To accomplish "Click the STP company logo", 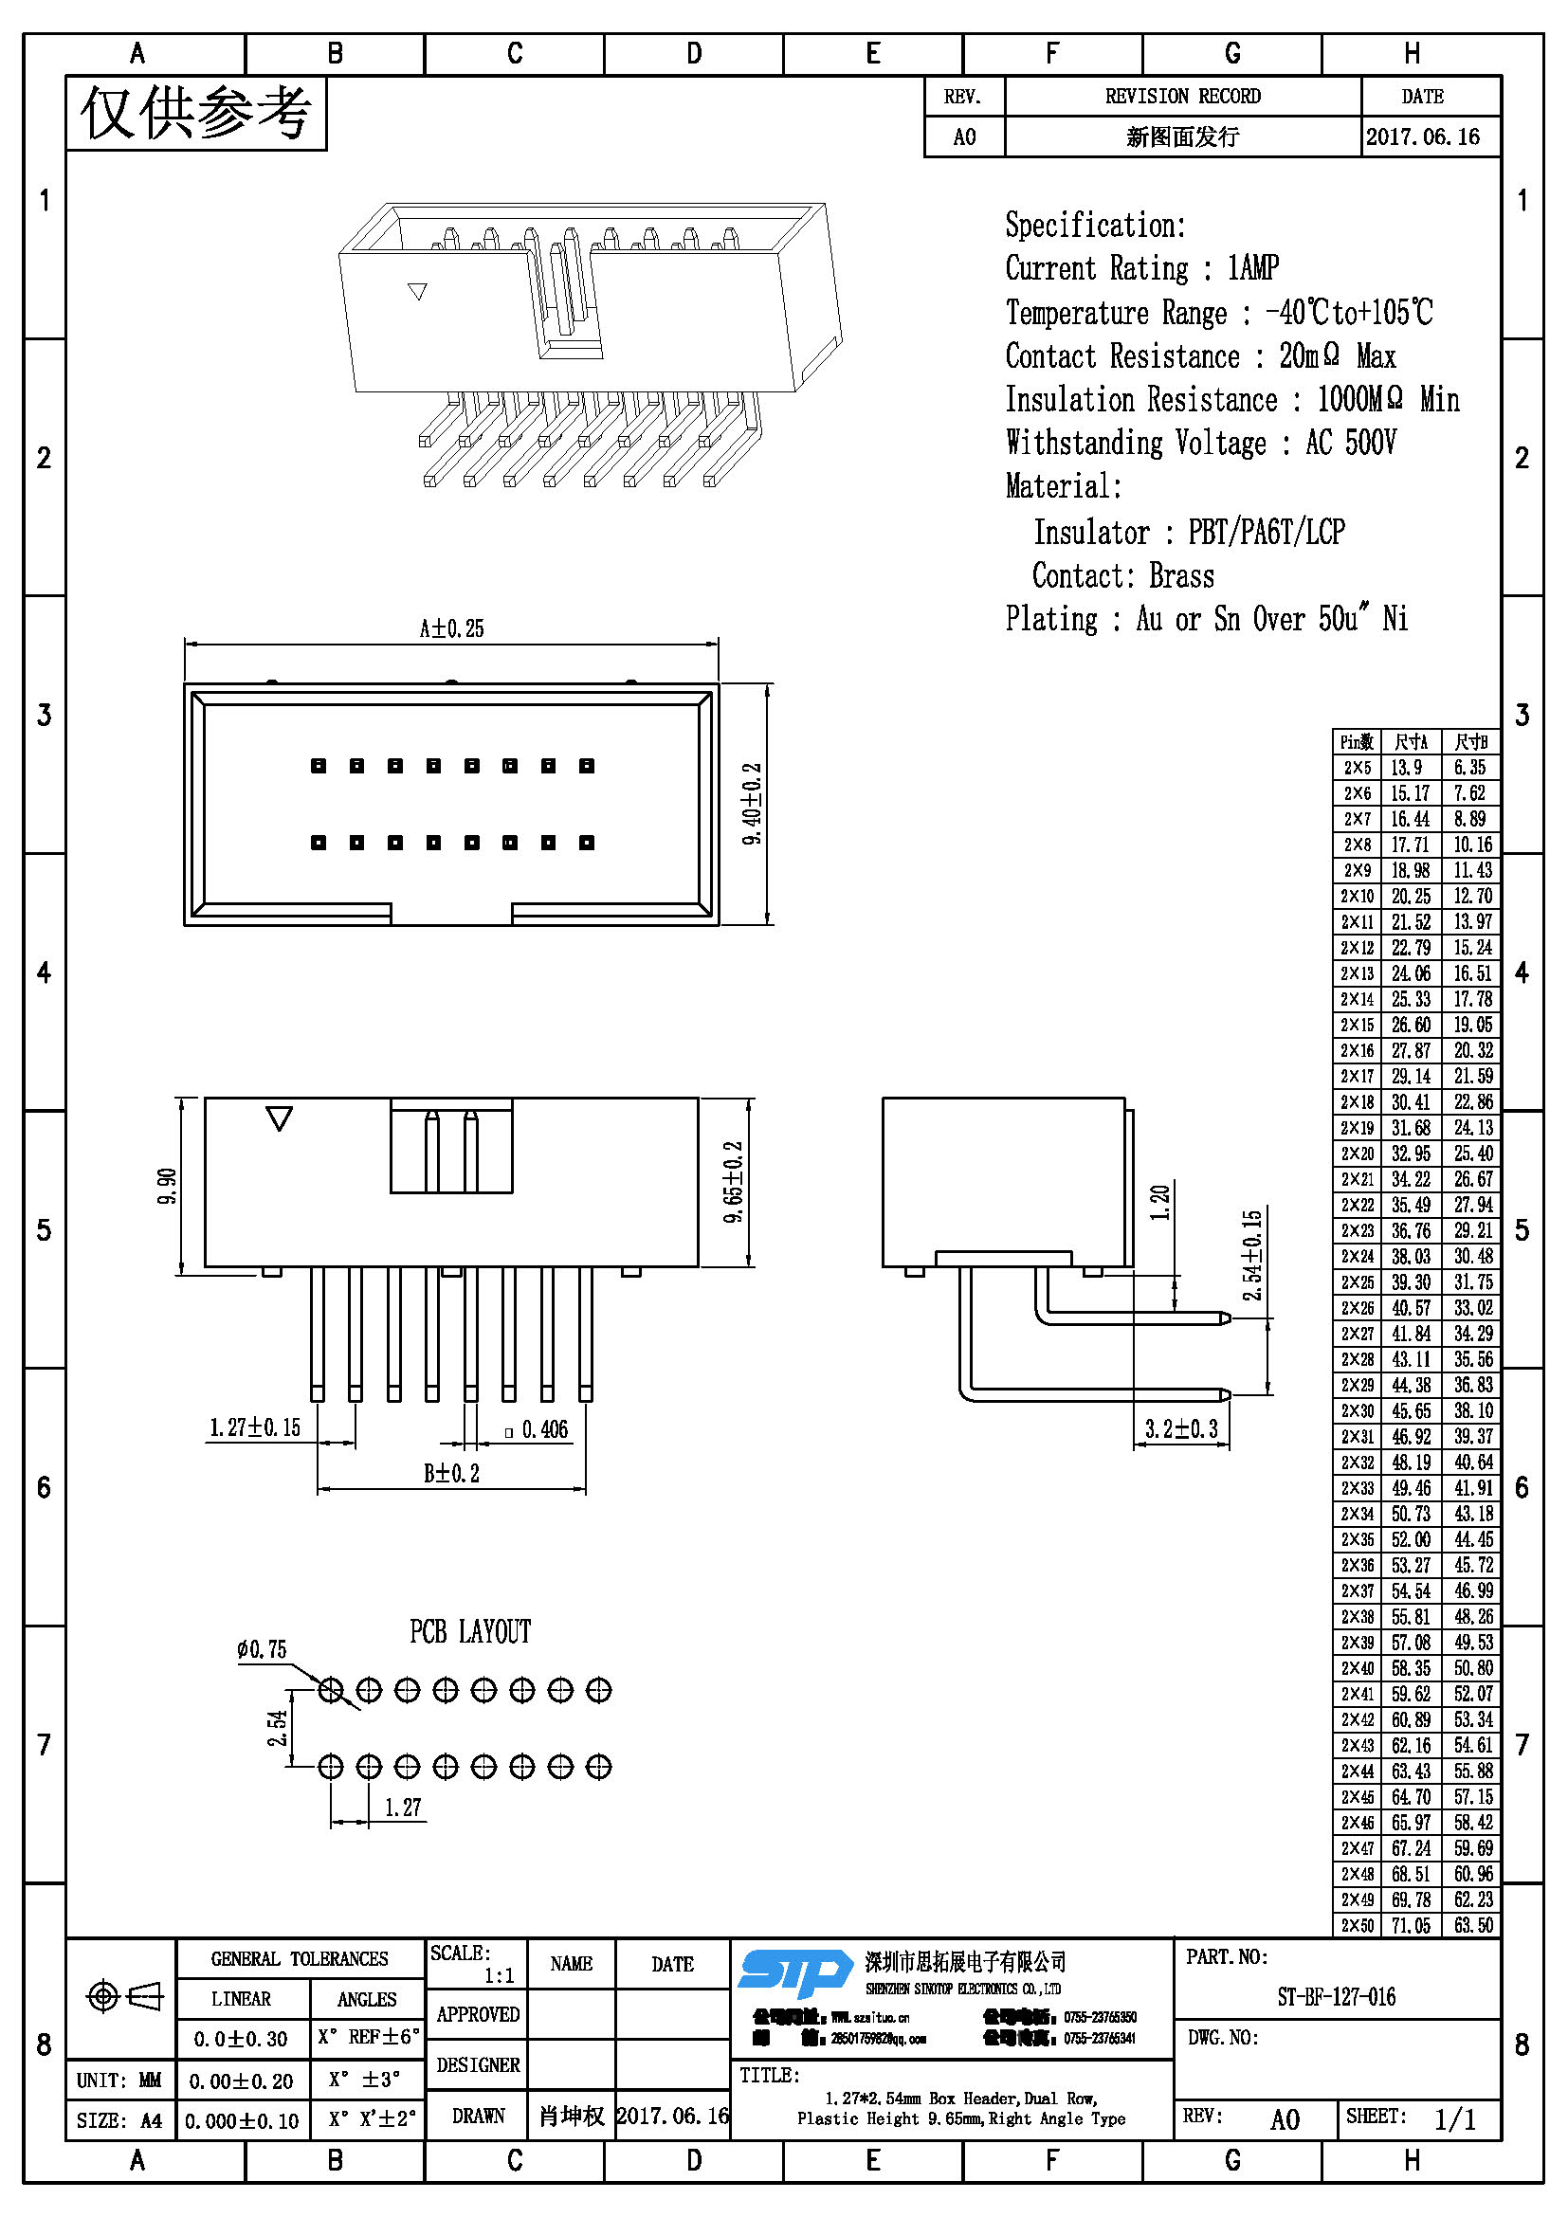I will click(x=793, y=1972).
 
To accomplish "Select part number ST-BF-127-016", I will click(x=1336, y=1997).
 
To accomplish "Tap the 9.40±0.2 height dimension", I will click(x=752, y=804).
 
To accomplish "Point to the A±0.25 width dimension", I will click(x=451, y=628).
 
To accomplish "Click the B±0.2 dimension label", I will click(x=451, y=1474).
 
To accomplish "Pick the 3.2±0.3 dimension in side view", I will click(x=1181, y=1429).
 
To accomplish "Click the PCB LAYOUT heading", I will click(x=470, y=1632).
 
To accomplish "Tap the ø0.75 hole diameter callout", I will click(x=262, y=1649).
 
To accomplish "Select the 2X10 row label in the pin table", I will click(x=1356, y=896).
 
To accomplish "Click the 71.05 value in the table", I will click(x=1411, y=1925).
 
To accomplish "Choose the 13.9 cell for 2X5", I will click(x=1407, y=768).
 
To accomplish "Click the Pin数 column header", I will click(x=1356, y=741).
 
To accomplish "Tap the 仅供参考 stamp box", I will click(x=196, y=113).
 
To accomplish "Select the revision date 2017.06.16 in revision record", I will click(x=1422, y=137).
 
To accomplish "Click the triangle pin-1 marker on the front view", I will click(x=279, y=1119).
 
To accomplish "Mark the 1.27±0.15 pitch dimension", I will click(x=255, y=1427).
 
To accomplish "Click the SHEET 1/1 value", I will click(x=1454, y=2119).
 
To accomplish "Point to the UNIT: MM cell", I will click(x=119, y=2080).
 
